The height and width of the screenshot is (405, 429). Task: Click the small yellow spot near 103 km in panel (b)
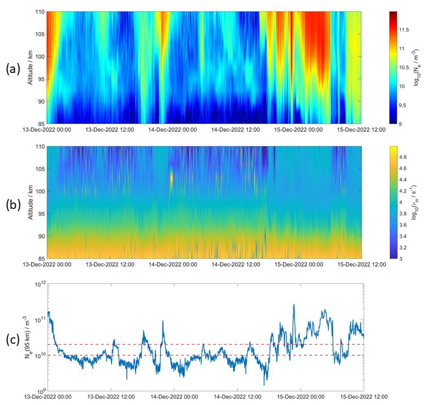point(171,177)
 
